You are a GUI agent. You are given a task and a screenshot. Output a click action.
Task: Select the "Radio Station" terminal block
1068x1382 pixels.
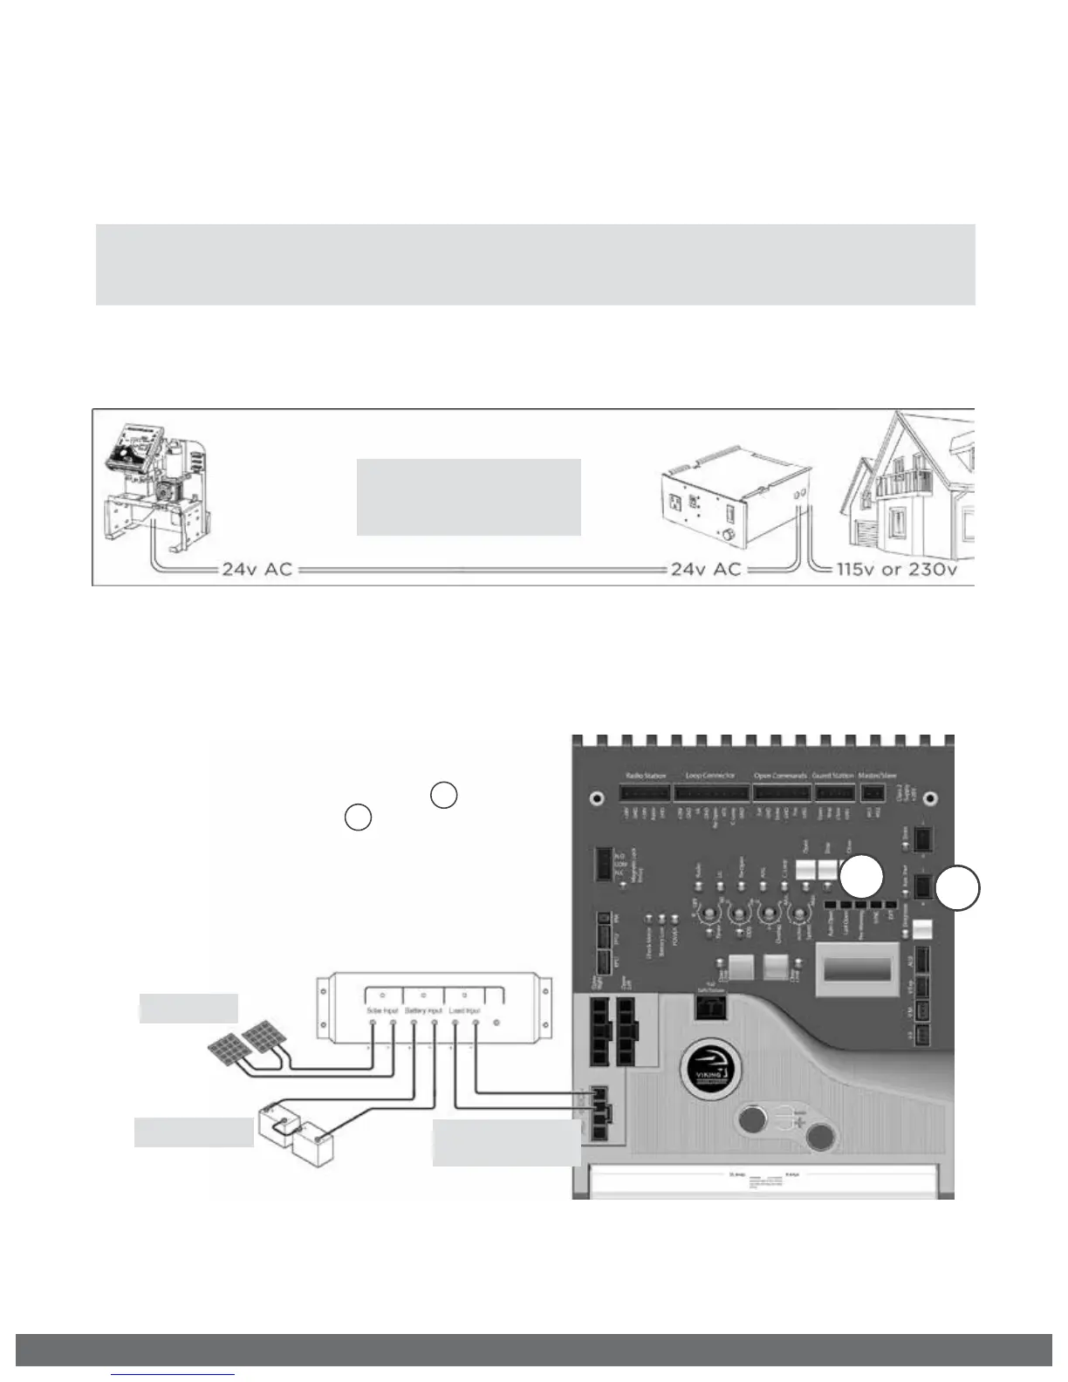click(646, 793)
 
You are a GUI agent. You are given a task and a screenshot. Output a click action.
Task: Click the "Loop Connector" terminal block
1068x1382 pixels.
click(711, 793)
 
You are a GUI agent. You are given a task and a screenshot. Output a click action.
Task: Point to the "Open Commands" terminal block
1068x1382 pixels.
click(780, 793)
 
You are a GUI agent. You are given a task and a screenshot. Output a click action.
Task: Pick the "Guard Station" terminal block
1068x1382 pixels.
click(833, 793)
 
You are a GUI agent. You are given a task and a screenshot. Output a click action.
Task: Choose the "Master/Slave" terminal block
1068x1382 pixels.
click(873, 793)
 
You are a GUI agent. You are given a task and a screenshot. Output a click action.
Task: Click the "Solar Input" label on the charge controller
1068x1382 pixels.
click(380, 1010)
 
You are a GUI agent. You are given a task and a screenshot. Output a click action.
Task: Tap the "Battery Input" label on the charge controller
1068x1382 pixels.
click(423, 1010)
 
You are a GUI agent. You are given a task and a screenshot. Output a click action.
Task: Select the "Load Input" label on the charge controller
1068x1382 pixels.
click(464, 1010)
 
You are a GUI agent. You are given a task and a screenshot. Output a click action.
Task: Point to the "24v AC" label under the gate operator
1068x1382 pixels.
click(257, 569)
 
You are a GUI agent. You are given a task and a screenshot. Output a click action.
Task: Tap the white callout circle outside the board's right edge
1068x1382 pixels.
click(958, 889)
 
